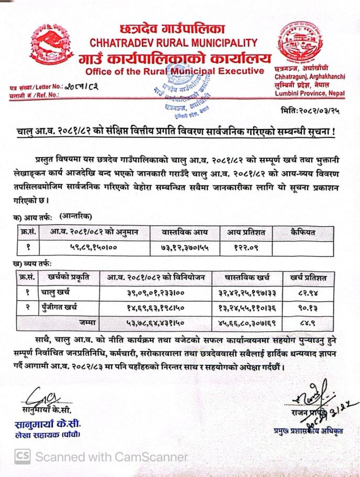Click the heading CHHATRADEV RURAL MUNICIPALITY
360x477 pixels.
pos(173,42)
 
